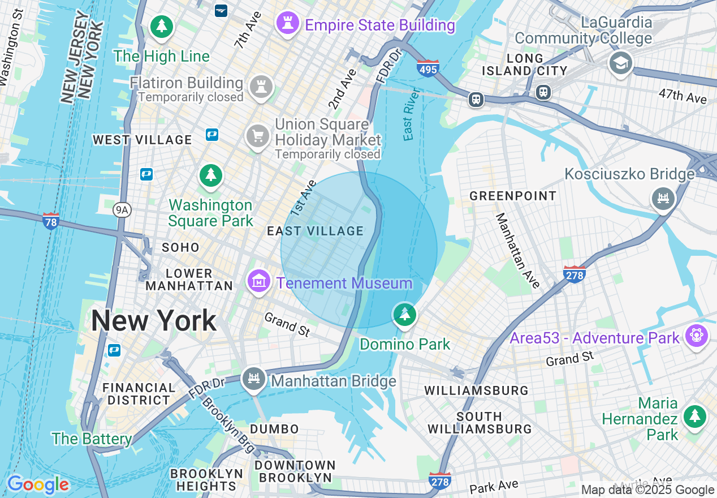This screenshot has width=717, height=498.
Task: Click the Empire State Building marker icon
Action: (x=288, y=23)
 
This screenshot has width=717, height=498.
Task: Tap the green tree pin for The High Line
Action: (x=162, y=26)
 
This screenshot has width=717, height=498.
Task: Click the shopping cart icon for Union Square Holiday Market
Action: (x=257, y=136)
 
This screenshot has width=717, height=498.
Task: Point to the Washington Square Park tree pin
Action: (x=211, y=175)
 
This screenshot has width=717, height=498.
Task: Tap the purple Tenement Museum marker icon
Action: (x=258, y=280)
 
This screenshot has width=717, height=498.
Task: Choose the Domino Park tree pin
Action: (x=404, y=314)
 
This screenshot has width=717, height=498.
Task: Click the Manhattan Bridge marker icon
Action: (x=254, y=379)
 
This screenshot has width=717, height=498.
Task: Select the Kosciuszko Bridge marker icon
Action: (x=663, y=198)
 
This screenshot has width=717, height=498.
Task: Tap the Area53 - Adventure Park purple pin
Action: (x=696, y=336)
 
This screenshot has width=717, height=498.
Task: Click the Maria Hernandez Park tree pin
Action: (x=695, y=417)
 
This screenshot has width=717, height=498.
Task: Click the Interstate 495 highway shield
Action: (x=428, y=68)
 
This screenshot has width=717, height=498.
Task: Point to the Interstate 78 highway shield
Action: (x=51, y=221)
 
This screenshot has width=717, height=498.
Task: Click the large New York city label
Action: (x=154, y=321)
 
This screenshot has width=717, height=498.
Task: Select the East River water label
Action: (x=412, y=114)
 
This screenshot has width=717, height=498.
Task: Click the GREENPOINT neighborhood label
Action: (x=513, y=196)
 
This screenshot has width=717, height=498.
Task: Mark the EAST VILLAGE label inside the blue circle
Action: (x=315, y=231)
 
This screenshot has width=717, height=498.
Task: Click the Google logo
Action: (x=38, y=484)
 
